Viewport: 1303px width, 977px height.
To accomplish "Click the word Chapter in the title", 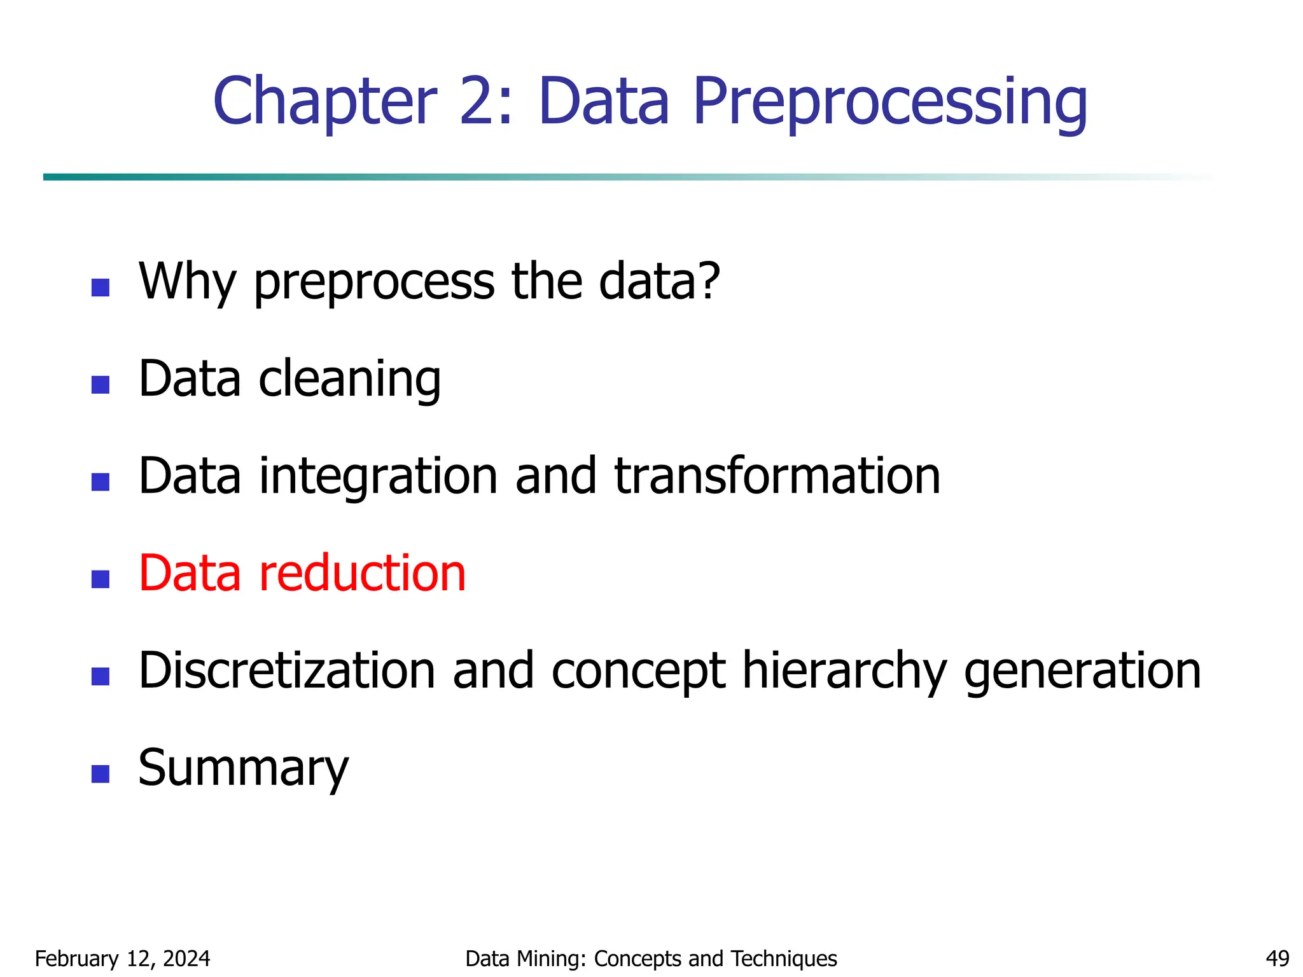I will click(x=325, y=102).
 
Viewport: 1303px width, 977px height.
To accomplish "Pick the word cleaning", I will click(x=349, y=380).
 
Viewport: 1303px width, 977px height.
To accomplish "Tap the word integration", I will click(x=378, y=477).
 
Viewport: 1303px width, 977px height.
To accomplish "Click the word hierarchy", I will click(x=844, y=672).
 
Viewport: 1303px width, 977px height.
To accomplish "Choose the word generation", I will click(x=1082, y=672).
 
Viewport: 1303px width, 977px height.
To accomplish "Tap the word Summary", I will click(x=244, y=768).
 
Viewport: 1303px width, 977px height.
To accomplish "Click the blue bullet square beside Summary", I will click(x=101, y=773).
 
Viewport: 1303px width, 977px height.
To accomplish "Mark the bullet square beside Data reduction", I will click(x=101, y=579).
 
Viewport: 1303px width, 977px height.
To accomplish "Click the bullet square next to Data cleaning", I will click(x=101, y=385).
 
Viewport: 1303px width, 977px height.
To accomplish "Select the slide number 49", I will click(x=1277, y=959).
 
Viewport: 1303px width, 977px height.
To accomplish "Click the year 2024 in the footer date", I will click(x=186, y=959).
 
